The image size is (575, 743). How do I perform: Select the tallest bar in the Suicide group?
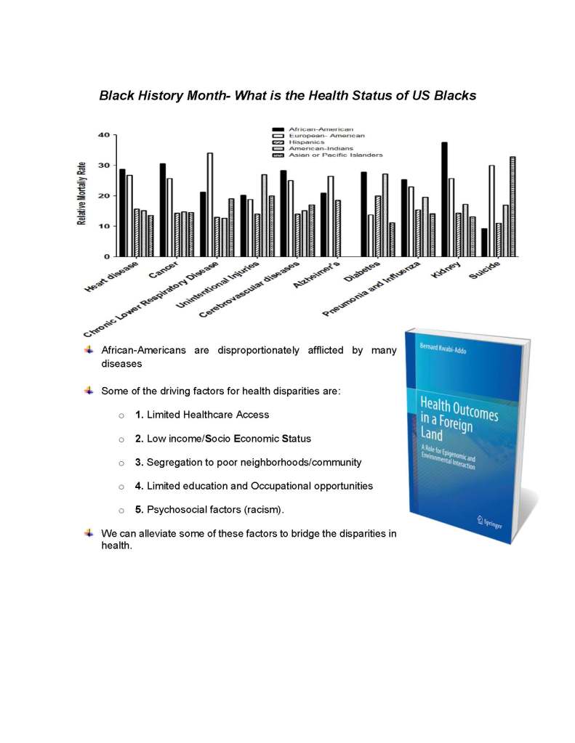(x=512, y=206)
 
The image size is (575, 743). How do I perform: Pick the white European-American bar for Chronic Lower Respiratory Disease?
(x=210, y=204)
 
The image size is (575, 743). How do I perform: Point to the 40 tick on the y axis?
(x=105, y=135)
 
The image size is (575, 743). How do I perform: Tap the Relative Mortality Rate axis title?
(x=83, y=194)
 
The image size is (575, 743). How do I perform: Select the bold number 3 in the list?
(x=138, y=462)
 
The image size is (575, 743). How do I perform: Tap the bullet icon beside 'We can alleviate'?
(x=89, y=533)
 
